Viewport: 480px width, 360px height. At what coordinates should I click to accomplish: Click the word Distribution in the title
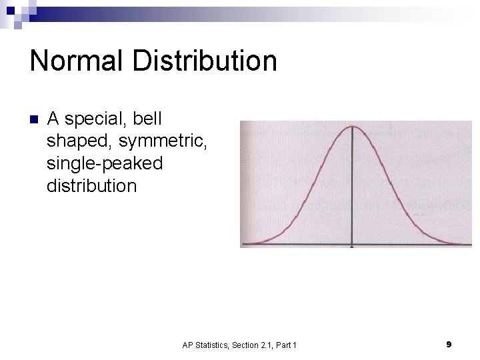(204, 61)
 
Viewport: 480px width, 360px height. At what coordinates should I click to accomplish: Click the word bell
(147, 119)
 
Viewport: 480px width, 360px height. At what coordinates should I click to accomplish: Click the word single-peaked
(105, 163)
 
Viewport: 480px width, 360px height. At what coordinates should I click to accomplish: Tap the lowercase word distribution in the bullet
(91, 185)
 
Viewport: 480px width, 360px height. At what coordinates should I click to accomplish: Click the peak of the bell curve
(352, 127)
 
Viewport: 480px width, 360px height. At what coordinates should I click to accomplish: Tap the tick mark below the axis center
(352, 247)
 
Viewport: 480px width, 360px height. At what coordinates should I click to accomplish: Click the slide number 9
(449, 344)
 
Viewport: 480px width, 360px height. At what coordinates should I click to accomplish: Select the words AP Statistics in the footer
(205, 345)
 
